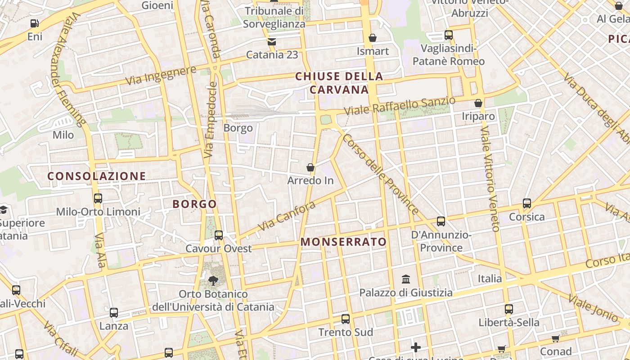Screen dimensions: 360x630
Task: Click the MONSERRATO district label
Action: point(343,242)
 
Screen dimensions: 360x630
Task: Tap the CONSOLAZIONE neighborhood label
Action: point(97,176)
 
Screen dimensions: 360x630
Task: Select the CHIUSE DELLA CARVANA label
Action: point(339,83)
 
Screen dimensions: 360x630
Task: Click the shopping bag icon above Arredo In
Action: point(310,168)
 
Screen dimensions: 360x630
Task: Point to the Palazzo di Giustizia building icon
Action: point(405,279)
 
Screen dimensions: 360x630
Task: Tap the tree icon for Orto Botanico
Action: point(213,281)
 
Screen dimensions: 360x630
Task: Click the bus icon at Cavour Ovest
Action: point(219,235)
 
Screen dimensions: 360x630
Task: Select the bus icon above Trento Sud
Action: point(345,319)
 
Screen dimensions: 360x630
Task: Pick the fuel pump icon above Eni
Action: point(35,23)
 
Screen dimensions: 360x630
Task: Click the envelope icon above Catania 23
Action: point(271,42)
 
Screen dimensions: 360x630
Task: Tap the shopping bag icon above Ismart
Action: point(372,38)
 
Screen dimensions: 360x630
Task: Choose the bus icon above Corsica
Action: point(526,203)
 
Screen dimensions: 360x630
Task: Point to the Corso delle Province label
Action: point(380,173)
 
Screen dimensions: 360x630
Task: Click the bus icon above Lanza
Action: point(114,312)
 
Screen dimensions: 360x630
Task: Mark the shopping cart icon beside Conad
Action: point(556,338)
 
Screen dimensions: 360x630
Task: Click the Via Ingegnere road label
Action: point(161,75)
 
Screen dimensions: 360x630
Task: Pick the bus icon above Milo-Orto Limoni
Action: point(98,198)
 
